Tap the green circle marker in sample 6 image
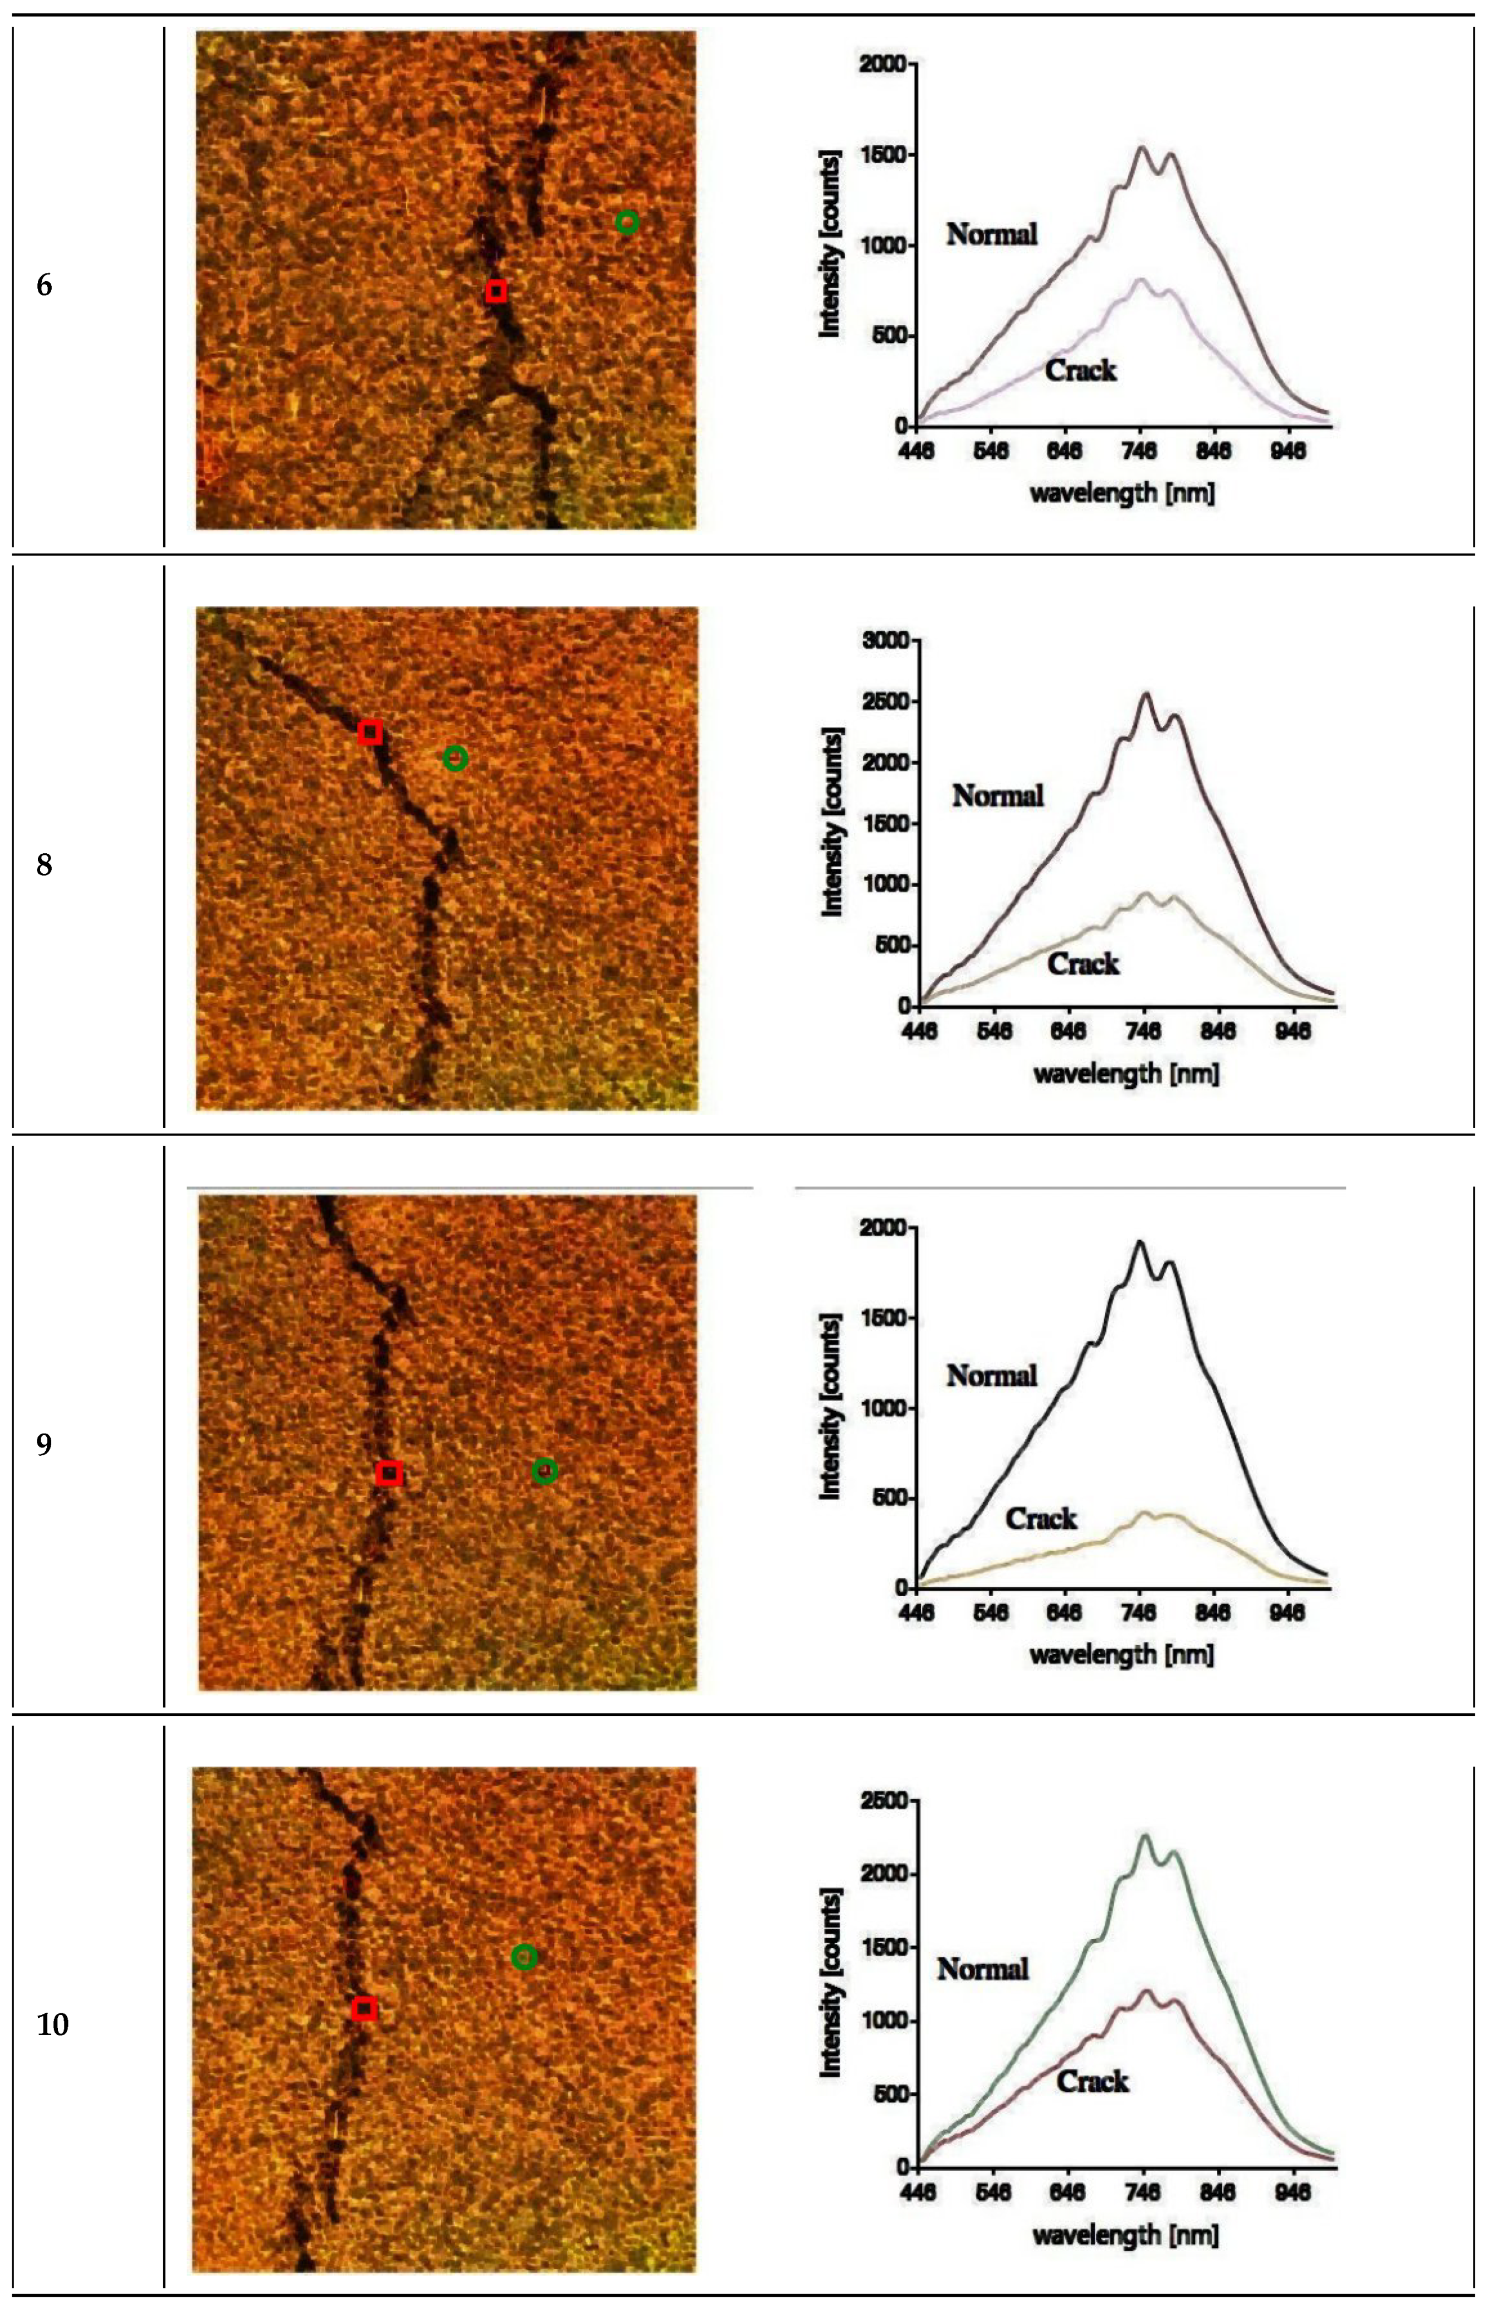pos(628,223)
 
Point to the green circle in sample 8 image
pos(456,759)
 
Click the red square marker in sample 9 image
pos(389,1473)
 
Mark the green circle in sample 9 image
pos(544,1471)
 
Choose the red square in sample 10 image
pos(364,2009)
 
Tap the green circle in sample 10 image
pos(523,1956)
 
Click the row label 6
pos(45,286)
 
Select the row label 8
pos(45,865)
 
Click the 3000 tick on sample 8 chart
pos(888,641)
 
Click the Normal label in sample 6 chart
pos(992,233)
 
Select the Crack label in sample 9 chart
pos(1041,1518)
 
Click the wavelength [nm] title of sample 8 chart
pos(1126,1073)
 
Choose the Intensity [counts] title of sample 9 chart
pos(830,1406)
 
